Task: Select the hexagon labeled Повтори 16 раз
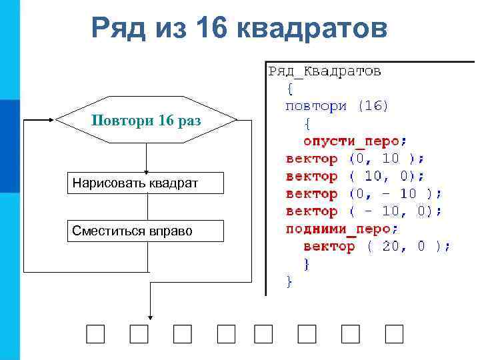(146, 121)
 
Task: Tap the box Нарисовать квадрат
(145, 183)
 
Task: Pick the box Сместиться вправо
(145, 231)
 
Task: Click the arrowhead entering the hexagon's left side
(51, 121)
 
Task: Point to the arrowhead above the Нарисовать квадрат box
(146, 170)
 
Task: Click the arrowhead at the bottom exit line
(151, 317)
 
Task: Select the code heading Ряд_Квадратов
(325, 70)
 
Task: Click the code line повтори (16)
(337, 105)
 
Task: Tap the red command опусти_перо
(354, 141)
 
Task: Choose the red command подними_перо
(342, 229)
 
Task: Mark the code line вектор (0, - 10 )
(363, 194)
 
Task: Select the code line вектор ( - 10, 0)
(363, 211)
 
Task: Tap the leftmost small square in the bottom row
(95, 333)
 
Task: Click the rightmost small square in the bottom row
(395, 333)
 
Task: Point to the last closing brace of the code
(289, 281)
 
